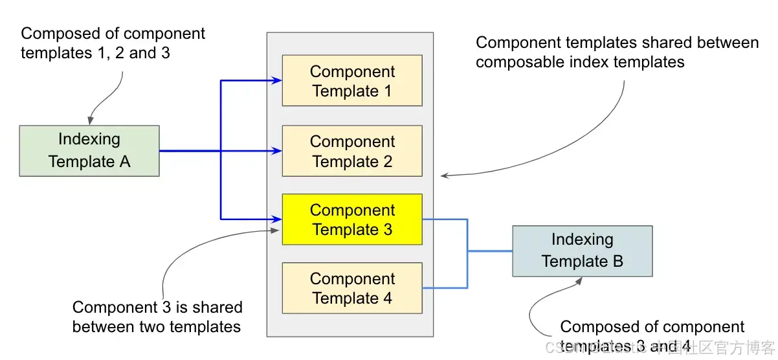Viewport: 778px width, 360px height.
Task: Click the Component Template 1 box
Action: [351, 80]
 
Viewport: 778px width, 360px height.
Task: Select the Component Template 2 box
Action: [351, 151]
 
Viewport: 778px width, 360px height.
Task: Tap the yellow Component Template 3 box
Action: [351, 219]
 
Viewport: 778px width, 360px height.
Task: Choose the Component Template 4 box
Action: [351, 288]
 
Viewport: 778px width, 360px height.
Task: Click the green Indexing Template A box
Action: [89, 150]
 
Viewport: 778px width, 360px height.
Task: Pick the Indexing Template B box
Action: [582, 251]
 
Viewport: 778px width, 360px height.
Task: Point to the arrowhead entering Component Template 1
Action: [278, 80]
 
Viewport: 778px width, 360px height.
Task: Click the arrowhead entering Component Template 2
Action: [278, 151]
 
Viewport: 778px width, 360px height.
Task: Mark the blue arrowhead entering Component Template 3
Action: [278, 219]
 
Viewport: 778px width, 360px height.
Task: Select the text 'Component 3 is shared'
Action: [157, 307]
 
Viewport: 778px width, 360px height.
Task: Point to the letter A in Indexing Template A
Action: [124, 162]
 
